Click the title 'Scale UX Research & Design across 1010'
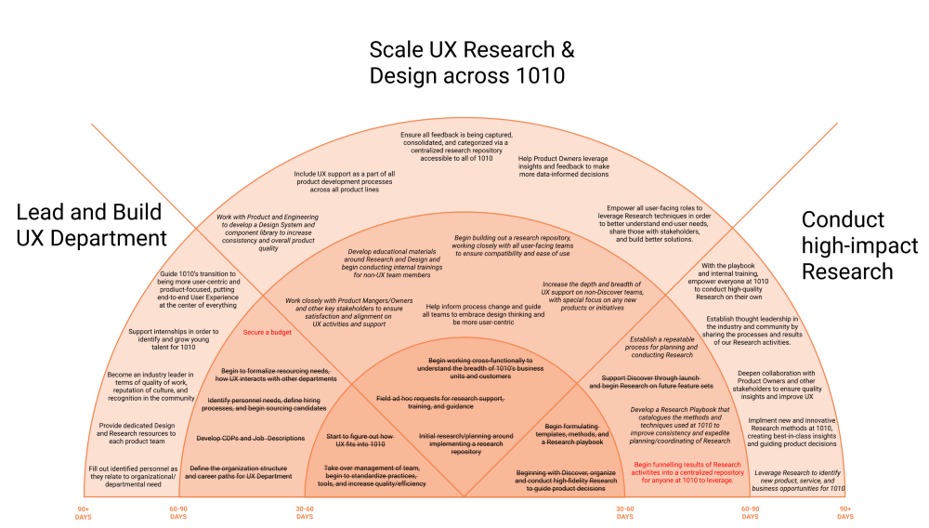click(x=466, y=62)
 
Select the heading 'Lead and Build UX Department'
click(x=91, y=225)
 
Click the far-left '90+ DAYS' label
click(x=84, y=513)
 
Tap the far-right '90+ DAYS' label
click(x=844, y=513)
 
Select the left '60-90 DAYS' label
click(x=177, y=513)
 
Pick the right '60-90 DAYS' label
click(x=750, y=513)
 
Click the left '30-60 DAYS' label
click(x=305, y=513)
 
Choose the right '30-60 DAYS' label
click(x=624, y=513)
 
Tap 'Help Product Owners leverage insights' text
click(x=564, y=165)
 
